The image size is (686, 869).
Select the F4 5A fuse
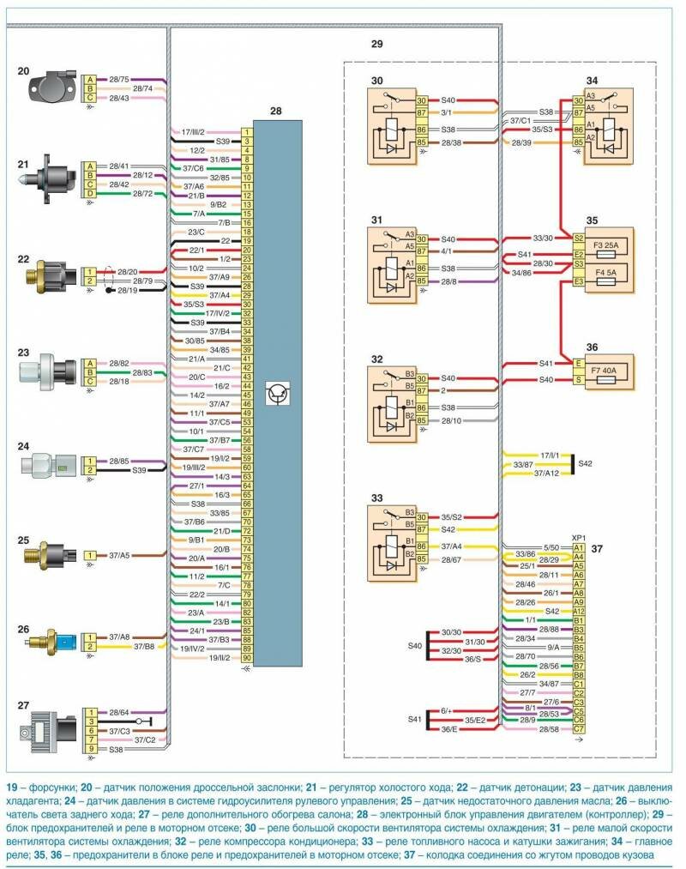point(609,274)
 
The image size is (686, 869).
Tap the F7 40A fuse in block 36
point(609,371)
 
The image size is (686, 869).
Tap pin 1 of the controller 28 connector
point(246,131)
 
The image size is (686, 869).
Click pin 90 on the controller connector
point(246,658)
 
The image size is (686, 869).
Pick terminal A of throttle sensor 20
point(88,80)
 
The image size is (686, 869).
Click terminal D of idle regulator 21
point(88,195)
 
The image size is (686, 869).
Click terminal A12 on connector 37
point(579,610)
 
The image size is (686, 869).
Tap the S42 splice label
point(586,462)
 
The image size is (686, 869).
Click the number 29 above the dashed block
point(377,44)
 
